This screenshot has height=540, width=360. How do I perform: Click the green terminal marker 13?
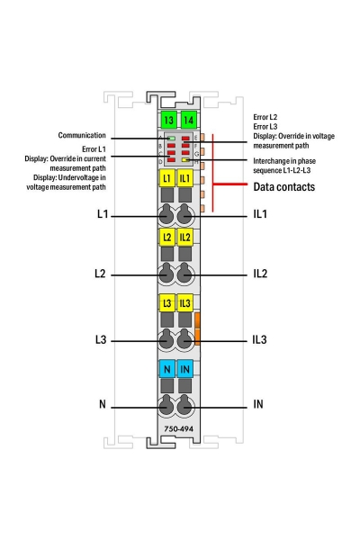[167, 120]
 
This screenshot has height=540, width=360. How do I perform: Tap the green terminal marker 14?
[186, 120]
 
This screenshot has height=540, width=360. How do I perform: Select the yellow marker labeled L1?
[166, 178]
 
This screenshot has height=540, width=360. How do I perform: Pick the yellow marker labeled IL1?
[185, 178]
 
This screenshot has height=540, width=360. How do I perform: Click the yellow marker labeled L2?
[166, 238]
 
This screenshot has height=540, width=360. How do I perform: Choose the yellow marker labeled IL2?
[185, 238]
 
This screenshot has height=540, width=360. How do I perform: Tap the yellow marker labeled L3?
[166, 302]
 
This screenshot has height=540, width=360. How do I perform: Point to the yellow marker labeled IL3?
[185, 302]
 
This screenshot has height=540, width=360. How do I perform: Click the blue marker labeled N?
[166, 368]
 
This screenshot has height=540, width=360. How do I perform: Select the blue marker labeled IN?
[185, 368]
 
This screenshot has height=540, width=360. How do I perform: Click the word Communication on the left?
[83, 135]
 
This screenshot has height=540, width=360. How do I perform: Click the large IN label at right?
[258, 404]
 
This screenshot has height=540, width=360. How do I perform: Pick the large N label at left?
[103, 404]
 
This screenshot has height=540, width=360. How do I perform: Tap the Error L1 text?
[94, 148]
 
